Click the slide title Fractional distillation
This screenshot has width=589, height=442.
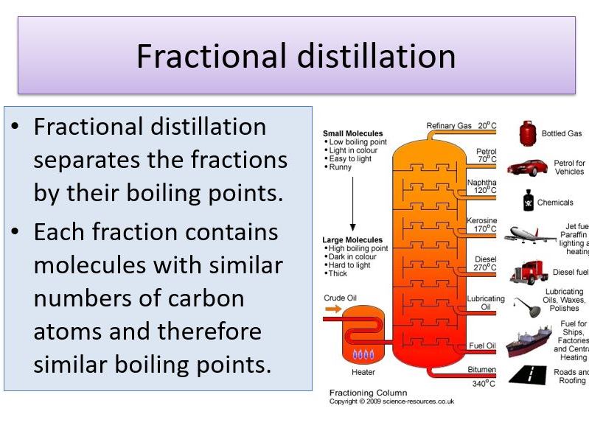pos(296,57)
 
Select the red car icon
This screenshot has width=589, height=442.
pos(527,166)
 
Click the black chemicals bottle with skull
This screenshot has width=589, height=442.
pos(528,201)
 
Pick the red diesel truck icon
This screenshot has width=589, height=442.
pos(529,272)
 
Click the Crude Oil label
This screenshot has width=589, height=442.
pos(340,298)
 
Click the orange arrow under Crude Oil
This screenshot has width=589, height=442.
pos(333,309)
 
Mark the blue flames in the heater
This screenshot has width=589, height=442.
pos(363,354)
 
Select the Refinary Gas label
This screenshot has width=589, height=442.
pos(448,126)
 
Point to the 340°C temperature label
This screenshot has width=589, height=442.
pos(484,383)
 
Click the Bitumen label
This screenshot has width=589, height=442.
pos(481,369)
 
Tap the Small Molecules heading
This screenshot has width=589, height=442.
pos(353,134)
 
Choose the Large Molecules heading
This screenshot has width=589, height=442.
pos(352,240)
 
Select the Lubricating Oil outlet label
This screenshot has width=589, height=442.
pos(486,303)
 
